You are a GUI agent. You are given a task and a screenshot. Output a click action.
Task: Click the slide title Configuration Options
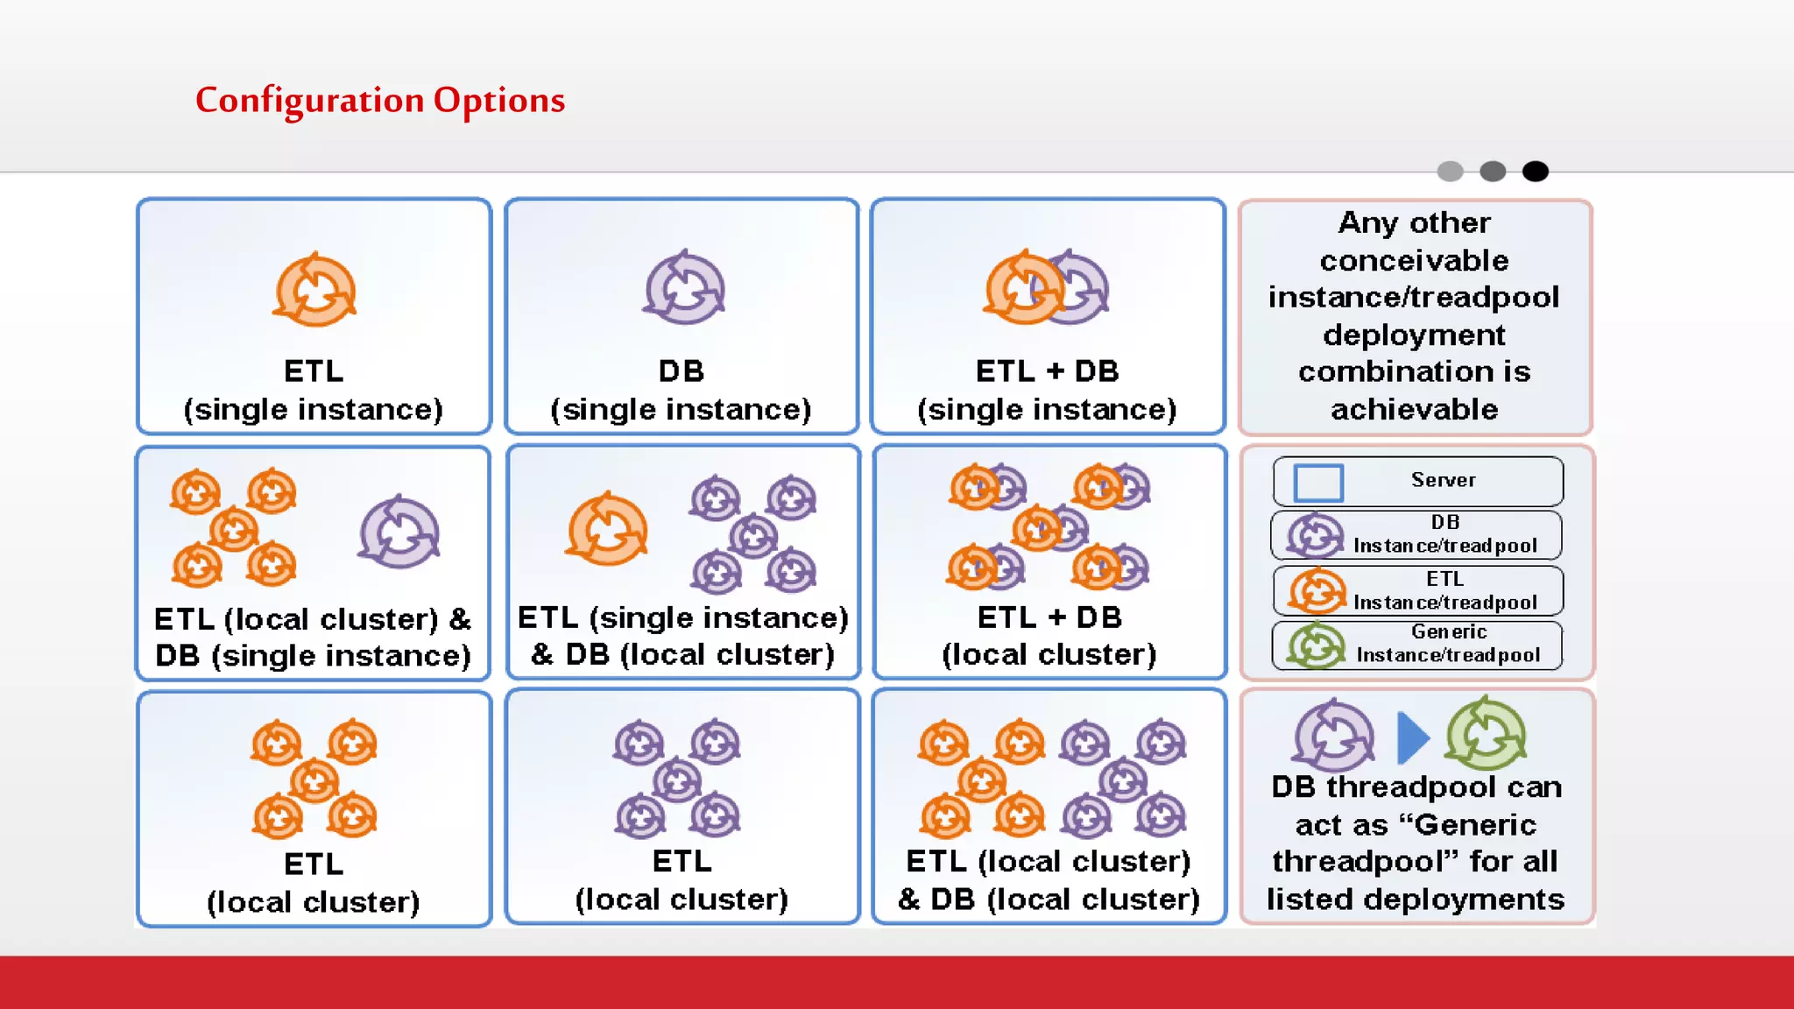(379, 100)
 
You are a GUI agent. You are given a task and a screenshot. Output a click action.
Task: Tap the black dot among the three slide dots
(1535, 172)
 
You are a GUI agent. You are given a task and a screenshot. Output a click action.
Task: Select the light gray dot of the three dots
(1450, 172)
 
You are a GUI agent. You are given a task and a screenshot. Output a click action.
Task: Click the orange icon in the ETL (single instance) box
(314, 291)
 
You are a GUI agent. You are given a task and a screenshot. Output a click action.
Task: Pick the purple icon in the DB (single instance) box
(684, 288)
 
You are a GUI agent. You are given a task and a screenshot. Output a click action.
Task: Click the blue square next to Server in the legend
(1317, 482)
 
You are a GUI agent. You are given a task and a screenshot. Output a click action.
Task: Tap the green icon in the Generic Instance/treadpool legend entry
(1315, 646)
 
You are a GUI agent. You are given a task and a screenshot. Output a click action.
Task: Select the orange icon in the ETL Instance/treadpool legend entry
(1317, 590)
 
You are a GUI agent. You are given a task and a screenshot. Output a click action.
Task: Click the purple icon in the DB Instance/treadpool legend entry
(1314, 535)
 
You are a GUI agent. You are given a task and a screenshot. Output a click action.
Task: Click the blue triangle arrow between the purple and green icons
(1411, 737)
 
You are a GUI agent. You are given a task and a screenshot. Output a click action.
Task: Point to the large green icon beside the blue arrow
(1486, 734)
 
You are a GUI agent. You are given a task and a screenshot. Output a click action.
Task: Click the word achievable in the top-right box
(1414, 409)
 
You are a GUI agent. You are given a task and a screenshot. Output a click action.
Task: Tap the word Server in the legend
(1443, 480)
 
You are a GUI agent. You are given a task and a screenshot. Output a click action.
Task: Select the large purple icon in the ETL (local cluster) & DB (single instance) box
(399, 533)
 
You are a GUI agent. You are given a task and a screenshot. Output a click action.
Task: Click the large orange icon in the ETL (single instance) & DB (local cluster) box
(606, 530)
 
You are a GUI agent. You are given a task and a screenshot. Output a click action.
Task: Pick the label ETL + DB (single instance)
(1047, 390)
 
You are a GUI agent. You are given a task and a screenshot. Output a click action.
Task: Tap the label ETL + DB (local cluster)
(1049, 636)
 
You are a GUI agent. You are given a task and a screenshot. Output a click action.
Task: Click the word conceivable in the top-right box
(1414, 260)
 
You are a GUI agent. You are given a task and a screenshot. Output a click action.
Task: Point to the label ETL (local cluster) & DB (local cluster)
(1049, 880)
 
